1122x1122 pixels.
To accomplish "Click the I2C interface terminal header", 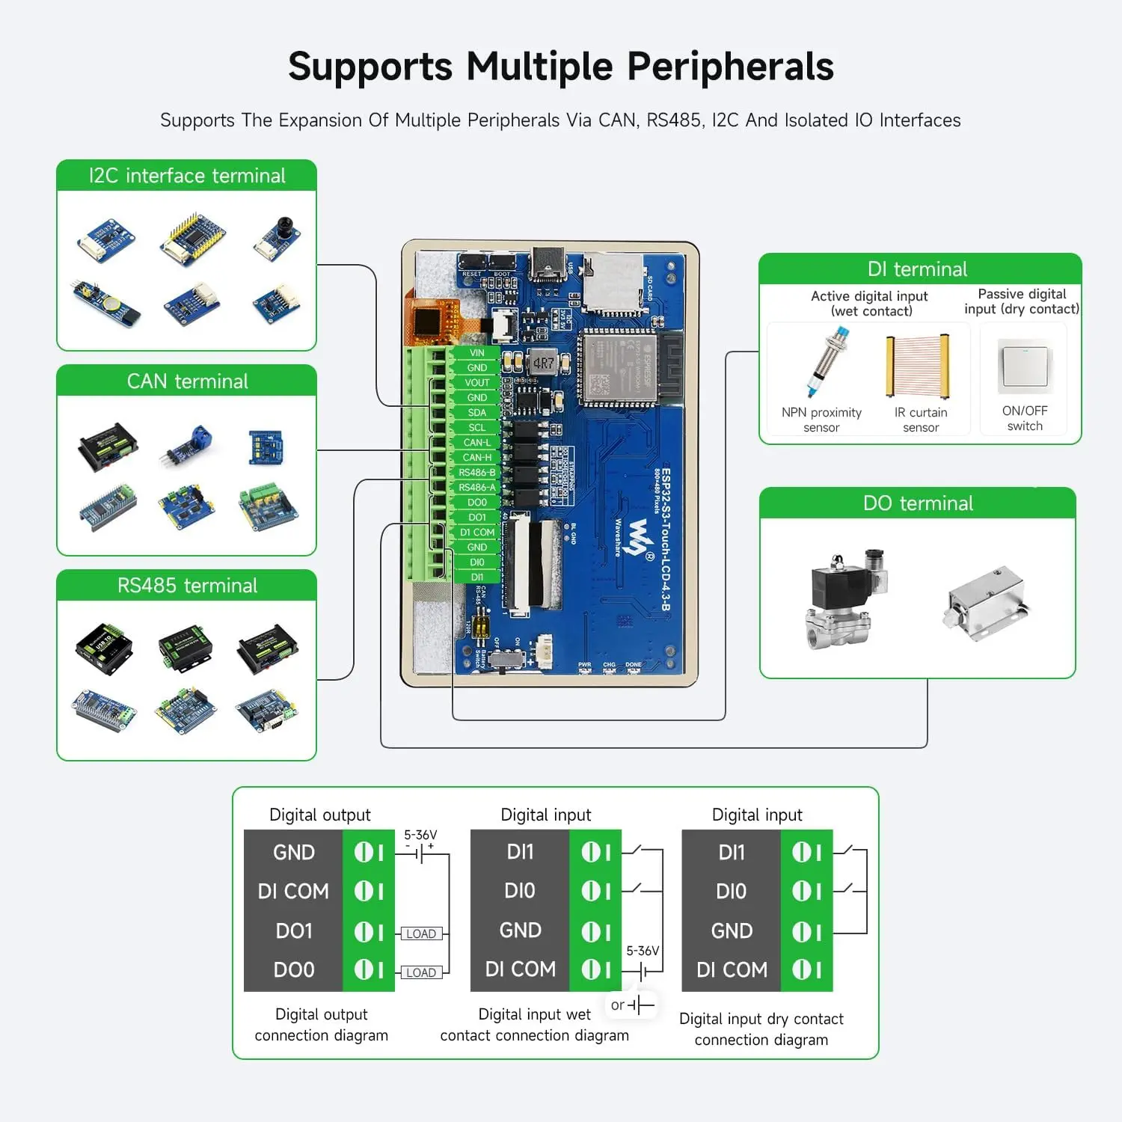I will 187,176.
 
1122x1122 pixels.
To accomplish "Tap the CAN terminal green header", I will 187,381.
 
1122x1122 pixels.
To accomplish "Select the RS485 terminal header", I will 187,586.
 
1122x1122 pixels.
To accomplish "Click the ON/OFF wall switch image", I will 1025,367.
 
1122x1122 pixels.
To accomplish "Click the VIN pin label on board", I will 476,353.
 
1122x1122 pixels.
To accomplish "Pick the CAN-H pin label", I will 476,458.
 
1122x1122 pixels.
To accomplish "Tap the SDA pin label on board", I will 476,413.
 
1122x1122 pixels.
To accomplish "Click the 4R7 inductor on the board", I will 544,363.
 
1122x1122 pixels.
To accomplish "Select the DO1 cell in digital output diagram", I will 294,931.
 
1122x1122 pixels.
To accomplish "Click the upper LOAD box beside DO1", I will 421,934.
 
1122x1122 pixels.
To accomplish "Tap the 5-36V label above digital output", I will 420,835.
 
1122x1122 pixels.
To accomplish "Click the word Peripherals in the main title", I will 730,67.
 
